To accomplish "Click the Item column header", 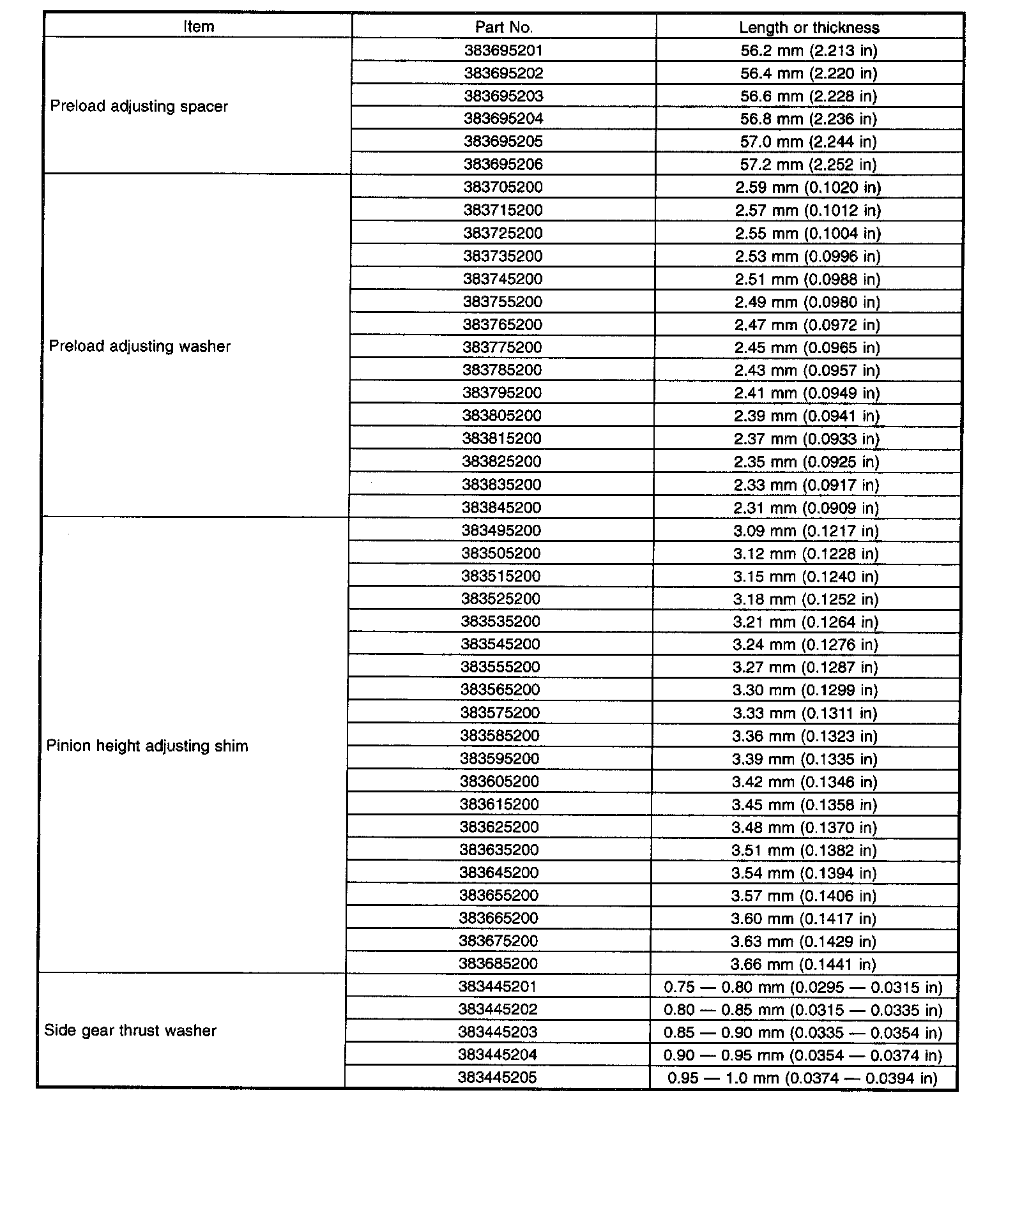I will pos(199,27).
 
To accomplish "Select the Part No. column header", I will pos(504,27).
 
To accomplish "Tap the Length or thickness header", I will pos(809,27).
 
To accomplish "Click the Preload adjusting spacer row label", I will pos(139,106).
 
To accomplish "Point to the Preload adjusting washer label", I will pos(139,346).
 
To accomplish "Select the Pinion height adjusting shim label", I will pos(147,746).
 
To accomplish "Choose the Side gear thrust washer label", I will pos(130,1031).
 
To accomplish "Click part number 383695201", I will pos(504,50).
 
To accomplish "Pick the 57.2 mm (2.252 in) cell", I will pos(808,164).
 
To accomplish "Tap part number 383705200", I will pos(503,187).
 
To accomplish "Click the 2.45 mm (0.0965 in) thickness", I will pos(807,347).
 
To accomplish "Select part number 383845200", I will pos(501,508).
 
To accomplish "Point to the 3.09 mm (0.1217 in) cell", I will pos(806,531).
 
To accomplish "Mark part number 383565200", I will pos(500,690).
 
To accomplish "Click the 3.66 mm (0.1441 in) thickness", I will pos(804,964).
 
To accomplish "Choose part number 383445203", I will pos(498,1032).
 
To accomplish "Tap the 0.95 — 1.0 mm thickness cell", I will pos(802,1078).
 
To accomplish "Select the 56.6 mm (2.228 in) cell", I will pos(809,96).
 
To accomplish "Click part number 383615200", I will pos(500,804).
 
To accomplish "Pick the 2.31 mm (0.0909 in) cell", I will pos(807,508).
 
